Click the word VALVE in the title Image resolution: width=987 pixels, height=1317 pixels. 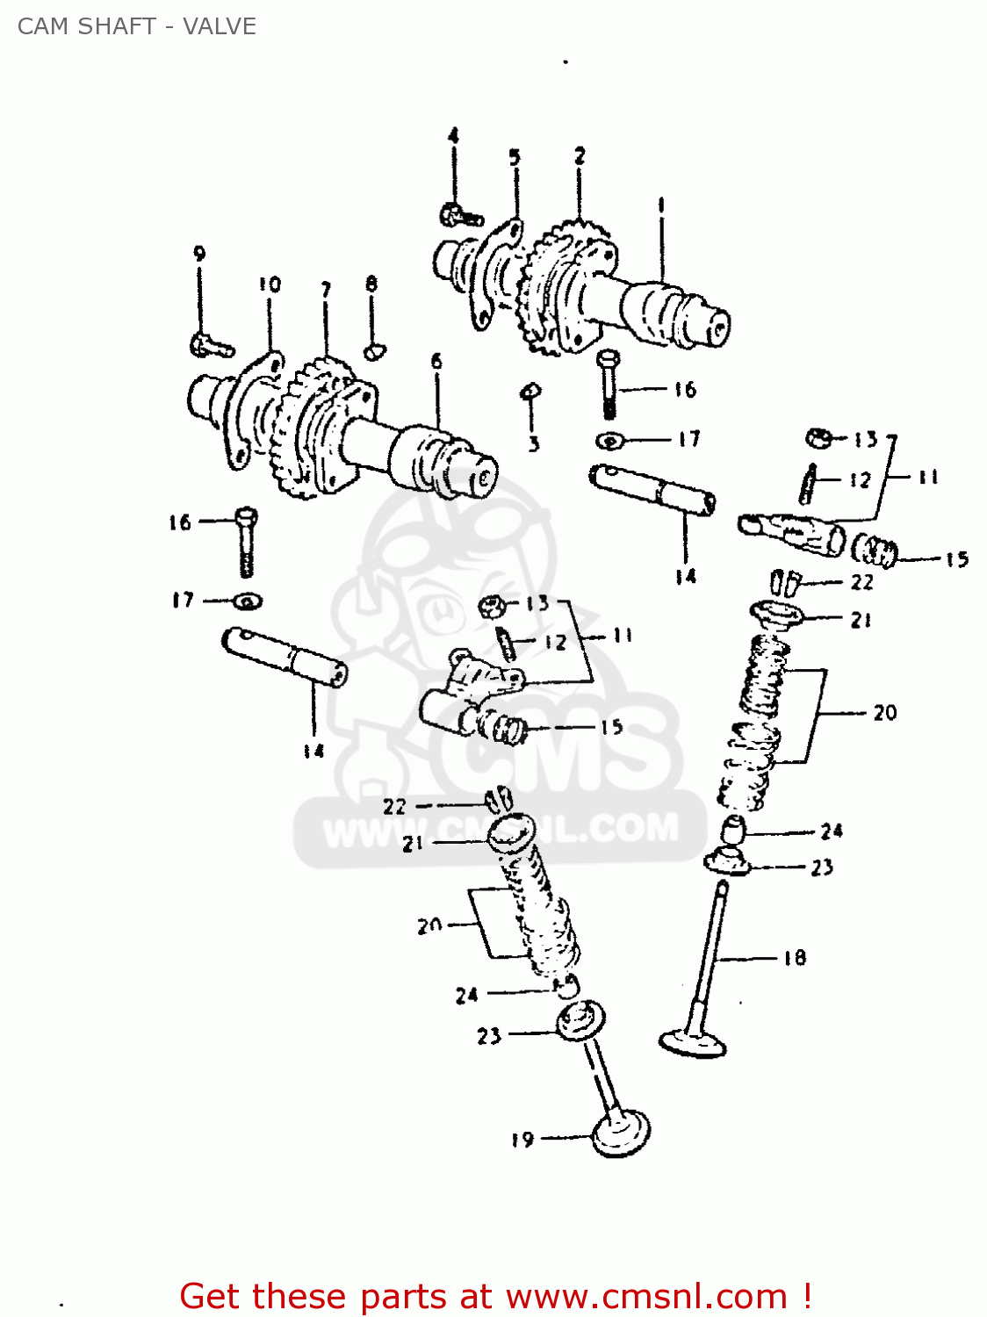coord(220,26)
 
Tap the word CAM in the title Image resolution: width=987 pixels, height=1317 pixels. coord(37,26)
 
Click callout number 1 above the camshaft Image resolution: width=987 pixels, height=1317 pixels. coord(660,205)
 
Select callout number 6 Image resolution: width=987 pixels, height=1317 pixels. coord(436,361)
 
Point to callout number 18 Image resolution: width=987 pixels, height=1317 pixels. coord(795,958)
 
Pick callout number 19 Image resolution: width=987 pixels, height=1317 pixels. coord(522,1140)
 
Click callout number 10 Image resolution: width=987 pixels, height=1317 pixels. coord(270,284)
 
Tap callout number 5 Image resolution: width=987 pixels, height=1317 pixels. coord(515,157)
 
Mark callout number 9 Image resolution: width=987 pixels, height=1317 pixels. coord(199,254)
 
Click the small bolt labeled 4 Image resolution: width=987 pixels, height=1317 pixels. coord(459,213)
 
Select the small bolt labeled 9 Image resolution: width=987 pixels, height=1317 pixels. coord(210,345)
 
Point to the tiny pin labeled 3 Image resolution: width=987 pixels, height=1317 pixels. coord(530,391)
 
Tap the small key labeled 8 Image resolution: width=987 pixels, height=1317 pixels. coord(374,351)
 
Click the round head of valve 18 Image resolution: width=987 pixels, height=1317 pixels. coord(694,1043)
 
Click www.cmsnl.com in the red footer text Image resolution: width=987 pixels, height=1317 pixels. coord(646,1297)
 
